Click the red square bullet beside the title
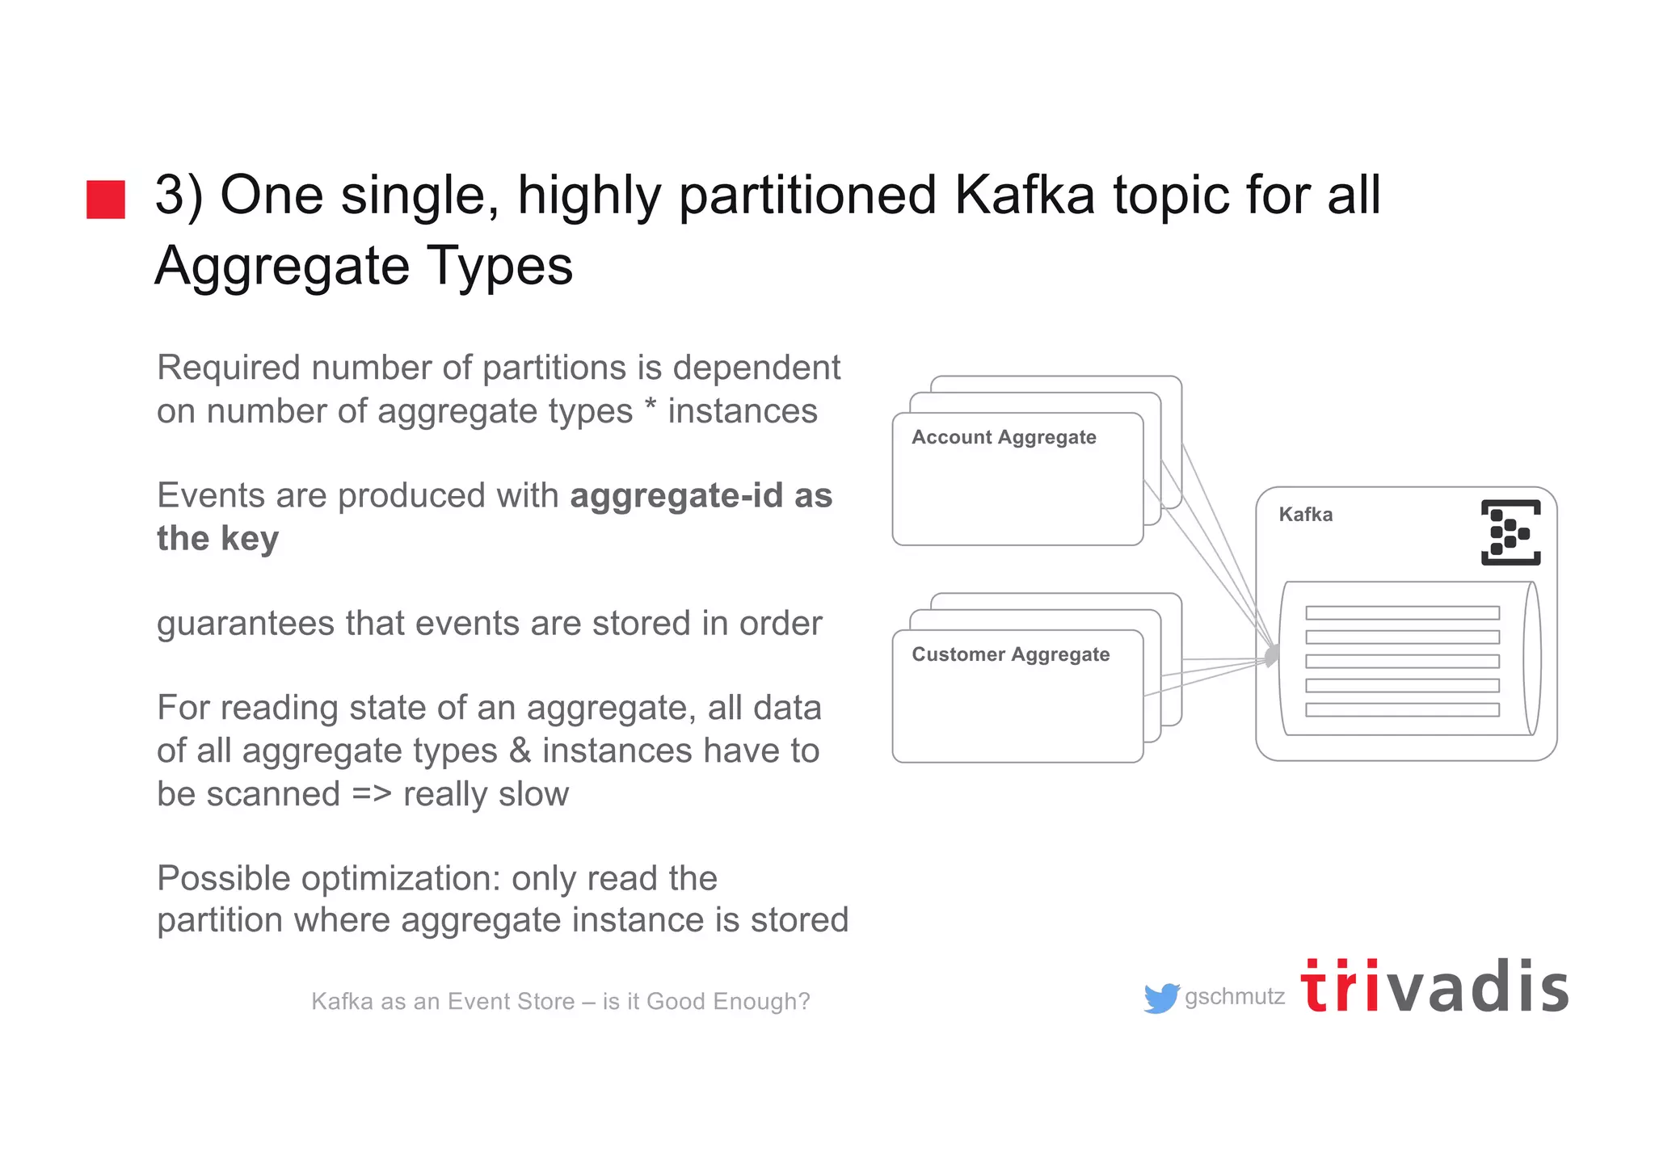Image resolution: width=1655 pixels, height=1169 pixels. coord(106,200)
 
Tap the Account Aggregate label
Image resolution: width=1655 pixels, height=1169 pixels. coord(1004,437)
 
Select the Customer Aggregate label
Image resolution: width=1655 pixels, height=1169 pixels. coord(1010,654)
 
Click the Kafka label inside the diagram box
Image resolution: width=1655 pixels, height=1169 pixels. coord(1305,515)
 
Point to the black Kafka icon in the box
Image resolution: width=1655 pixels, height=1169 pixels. coord(1510,532)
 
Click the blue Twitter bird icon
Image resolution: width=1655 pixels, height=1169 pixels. coord(1161,998)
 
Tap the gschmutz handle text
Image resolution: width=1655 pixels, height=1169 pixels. coord(1234,997)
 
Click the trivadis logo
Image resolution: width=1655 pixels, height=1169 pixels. coord(1434,987)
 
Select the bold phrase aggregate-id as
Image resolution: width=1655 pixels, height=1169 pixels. coord(701,496)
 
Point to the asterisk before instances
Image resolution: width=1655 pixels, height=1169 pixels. coord(651,406)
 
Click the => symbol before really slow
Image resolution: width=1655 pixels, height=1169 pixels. coord(372,794)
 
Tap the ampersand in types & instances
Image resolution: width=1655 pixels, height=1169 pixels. coord(520,751)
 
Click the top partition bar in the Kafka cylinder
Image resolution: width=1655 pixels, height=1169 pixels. coord(1402,613)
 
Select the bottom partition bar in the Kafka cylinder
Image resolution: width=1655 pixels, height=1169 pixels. coord(1402,710)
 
